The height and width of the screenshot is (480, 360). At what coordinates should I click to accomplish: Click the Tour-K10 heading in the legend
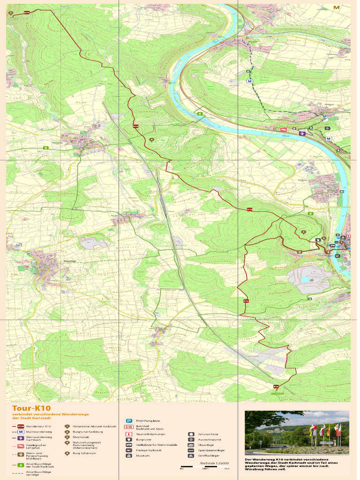pyautogui.click(x=31, y=408)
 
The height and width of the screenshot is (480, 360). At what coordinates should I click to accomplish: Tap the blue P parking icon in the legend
pyautogui.click(x=128, y=421)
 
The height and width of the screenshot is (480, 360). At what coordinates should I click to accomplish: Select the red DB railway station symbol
pyautogui.click(x=128, y=427)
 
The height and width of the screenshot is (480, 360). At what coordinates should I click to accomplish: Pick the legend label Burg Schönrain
pyautogui.click(x=84, y=453)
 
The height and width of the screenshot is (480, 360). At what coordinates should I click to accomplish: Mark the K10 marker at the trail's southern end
pyautogui.click(x=277, y=387)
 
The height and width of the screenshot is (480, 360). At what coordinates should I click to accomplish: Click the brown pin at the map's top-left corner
pyautogui.click(x=11, y=14)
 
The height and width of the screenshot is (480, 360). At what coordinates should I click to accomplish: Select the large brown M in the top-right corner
pyautogui.click(x=336, y=7)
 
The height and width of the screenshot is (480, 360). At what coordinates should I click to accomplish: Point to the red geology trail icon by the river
pyautogui.click(x=283, y=130)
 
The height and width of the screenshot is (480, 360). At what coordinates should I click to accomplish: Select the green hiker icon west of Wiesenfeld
pyautogui.click(x=46, y=148)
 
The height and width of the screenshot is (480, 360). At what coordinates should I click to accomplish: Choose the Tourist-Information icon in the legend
pyautogui.click(x=128, y=434)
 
